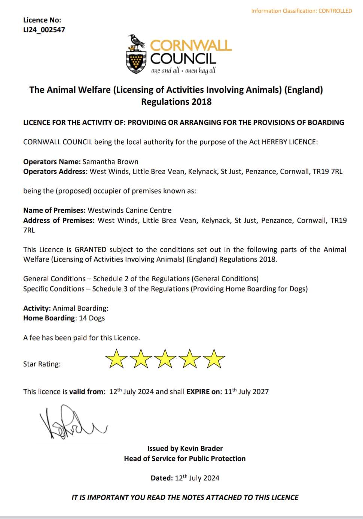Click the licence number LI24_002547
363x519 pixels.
(44, 30)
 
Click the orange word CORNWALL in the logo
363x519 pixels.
(191, 46)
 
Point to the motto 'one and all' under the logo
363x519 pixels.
(165, 71)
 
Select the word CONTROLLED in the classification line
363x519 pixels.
(335, 11)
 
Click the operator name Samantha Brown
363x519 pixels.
(110, 162)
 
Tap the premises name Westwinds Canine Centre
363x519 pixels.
(129, 211)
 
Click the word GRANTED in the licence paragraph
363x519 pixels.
(91, 250)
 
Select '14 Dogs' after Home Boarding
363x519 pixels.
(92, 318)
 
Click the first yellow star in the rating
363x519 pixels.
(115, 359)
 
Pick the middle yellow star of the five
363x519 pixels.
(165, 359)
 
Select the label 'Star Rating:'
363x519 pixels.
(42, 364)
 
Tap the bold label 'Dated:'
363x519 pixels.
(162, 478)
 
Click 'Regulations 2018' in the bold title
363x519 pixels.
(176, 102)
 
